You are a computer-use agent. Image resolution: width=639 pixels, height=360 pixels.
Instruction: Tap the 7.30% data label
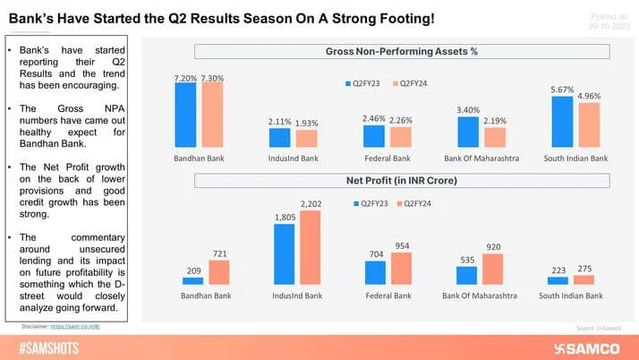pos(212,79)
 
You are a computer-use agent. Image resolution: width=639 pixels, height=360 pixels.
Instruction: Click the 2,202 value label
pos(310,204)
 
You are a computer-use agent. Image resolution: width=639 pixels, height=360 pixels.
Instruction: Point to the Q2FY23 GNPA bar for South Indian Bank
pos(562,122)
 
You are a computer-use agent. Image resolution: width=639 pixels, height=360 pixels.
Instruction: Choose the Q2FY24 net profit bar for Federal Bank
pos(402,269)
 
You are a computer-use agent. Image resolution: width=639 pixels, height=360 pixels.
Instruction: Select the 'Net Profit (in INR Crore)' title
pos(397,181)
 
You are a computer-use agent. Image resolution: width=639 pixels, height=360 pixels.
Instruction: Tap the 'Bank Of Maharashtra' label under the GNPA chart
pos(480,159)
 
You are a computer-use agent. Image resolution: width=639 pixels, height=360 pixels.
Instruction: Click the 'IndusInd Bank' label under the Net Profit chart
pos(295,296)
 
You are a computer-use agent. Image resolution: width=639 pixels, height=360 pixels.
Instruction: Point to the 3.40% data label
pos(469,110)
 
